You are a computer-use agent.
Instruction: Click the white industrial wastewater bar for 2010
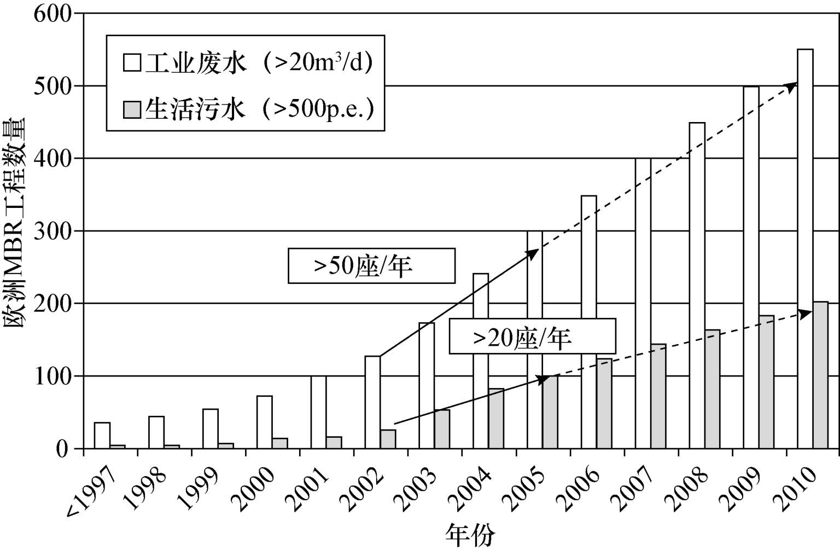coord(805,249)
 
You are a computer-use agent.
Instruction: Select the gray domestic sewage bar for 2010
coord(820,375)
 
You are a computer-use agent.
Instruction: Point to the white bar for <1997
coord(102,436)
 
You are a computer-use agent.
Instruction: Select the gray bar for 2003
coord(442,430)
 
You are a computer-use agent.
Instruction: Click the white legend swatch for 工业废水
coord(132,63)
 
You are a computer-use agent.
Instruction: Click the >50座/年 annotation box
coord(371,266)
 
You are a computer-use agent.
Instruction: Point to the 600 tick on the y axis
coord(53,13)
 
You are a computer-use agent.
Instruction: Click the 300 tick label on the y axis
coord(53,231)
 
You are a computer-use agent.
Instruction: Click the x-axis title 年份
coord(470,535)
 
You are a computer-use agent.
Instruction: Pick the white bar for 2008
coord(697,286)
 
